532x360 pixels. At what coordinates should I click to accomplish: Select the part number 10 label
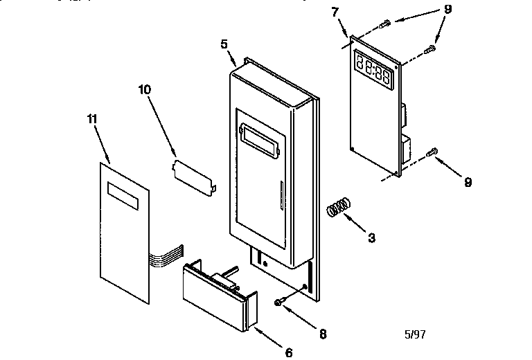[143, 89]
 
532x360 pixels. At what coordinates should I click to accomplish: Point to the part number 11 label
[91, 119]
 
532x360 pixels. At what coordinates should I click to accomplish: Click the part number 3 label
[372, 238]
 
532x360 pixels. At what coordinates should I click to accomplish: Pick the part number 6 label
[289, 352]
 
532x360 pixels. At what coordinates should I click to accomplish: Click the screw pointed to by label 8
[278, 301]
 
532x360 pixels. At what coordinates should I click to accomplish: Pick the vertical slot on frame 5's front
[281, 197]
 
